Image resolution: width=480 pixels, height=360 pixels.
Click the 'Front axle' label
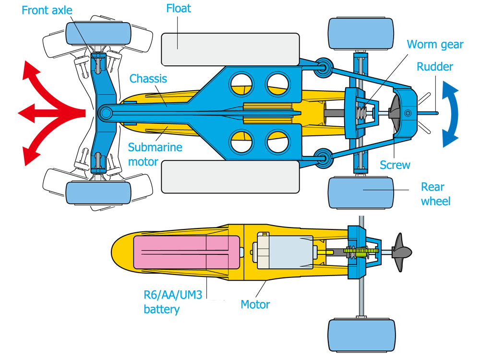pyautogui.click(x=47, y=10)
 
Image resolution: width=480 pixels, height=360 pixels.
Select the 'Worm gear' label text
pyautogui.click(x=435, y=45)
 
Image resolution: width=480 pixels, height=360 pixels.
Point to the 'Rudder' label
pyautogui.click(x=435, y=67)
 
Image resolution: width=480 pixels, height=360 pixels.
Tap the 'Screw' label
pyautogui.click(x=395, y=165)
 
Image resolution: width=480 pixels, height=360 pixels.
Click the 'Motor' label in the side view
pyautogui.click(x=255, y=304)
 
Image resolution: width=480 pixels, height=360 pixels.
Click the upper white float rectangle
pyautogui.click(x=230, y=49)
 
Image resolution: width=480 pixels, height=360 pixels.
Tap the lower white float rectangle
pyautogui.click(x=230, y=177)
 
